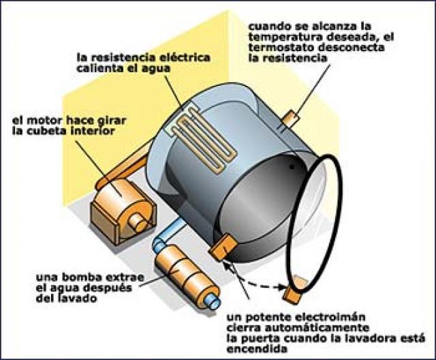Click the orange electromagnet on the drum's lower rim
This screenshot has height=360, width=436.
coord(223,245)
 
